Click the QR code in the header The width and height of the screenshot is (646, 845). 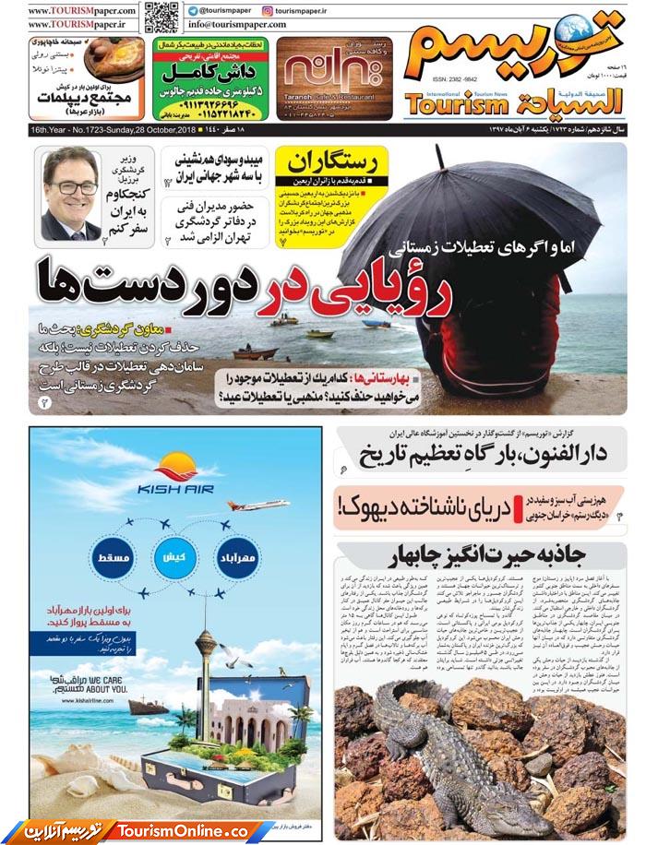tap(161, 16)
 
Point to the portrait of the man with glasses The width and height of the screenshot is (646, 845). tap(71, 193)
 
